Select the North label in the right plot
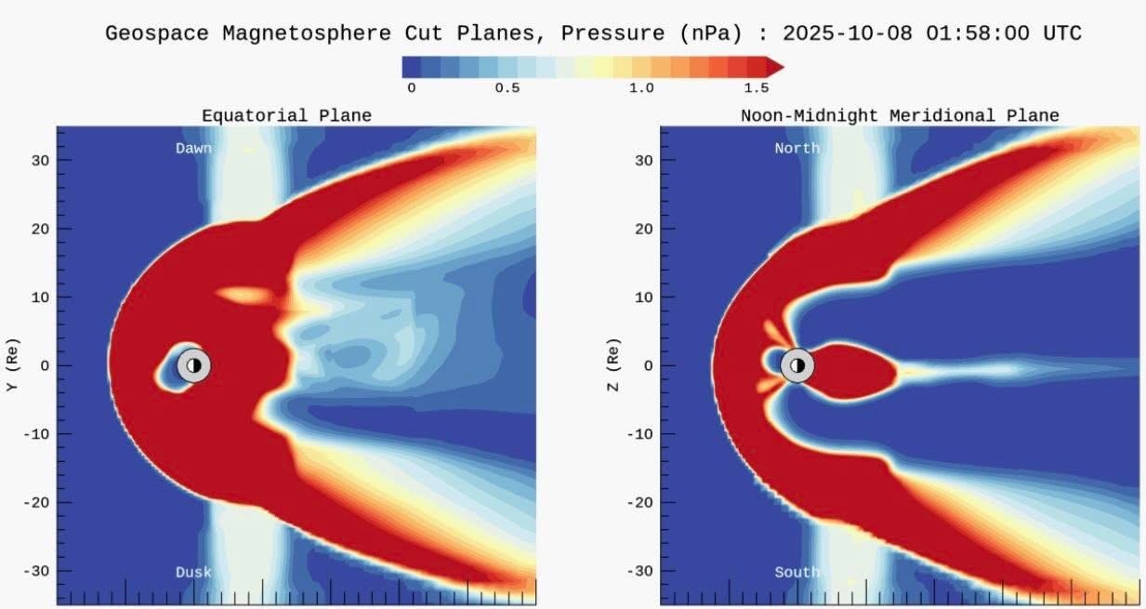797,148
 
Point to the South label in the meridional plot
797,573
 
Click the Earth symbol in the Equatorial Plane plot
193,365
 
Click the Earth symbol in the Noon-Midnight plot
797,365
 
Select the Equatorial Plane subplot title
286,115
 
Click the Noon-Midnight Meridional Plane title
900,115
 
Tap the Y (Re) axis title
12,365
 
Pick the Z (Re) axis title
613,365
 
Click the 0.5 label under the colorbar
507,88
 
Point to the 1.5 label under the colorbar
757,88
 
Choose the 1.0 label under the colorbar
641,88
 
